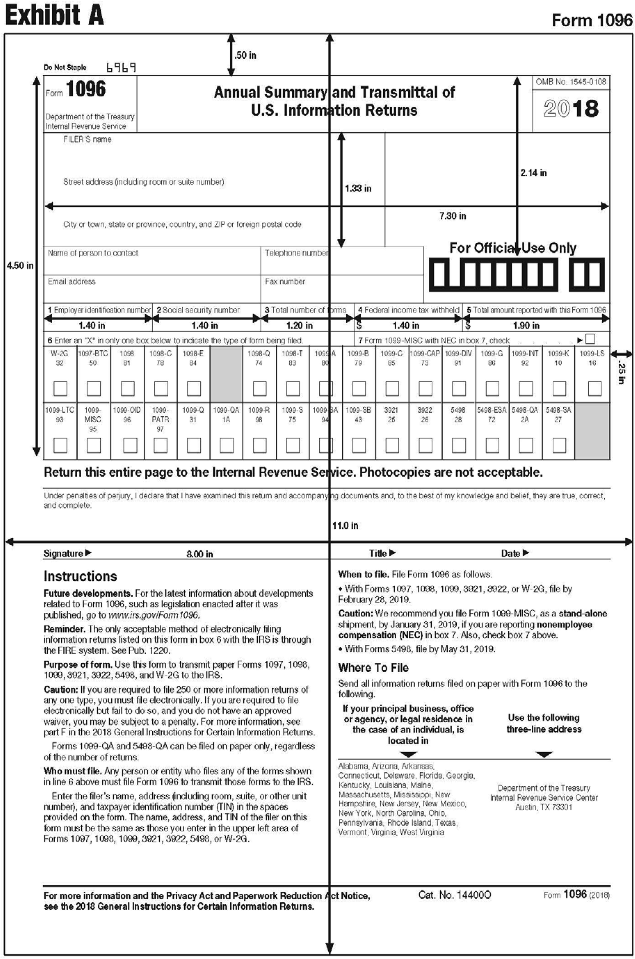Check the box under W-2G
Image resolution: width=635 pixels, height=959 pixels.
click(x=60, y=388)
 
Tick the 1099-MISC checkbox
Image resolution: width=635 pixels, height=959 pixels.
click(x=94, y=446)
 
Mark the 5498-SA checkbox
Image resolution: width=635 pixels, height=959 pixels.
click(x=559, y=446)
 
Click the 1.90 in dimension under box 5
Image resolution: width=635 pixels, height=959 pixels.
click(x=526, y=325)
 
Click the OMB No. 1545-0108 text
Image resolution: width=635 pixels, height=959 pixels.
click(x=571, y=82)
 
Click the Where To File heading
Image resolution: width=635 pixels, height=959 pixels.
click(x=373, y=668)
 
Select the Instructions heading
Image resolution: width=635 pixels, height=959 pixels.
click(x=80, y=576)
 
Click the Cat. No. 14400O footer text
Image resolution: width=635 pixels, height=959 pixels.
click(x=454, y=895)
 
